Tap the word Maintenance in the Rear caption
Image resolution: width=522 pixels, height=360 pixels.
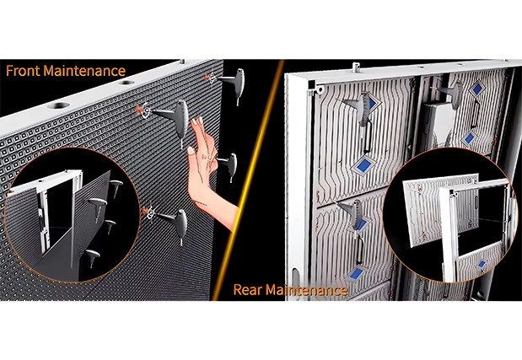click(307, 291)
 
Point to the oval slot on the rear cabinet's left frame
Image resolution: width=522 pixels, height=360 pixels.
click(293, 279)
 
